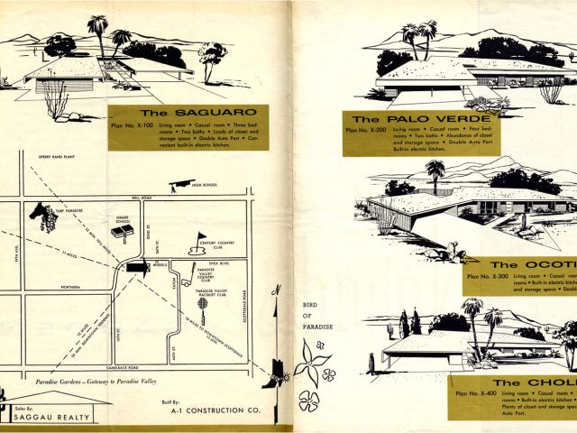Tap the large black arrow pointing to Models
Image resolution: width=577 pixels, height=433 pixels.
click(138, 267)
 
